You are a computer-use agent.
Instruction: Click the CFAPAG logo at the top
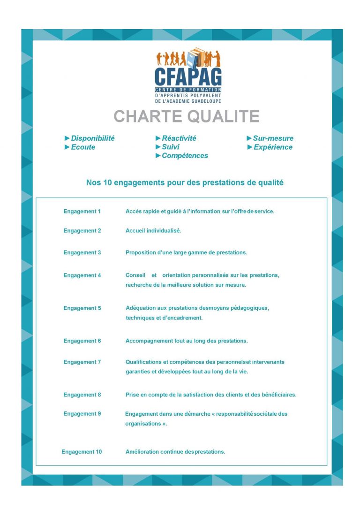click(188, 75)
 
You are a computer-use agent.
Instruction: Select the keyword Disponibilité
click(93, 138)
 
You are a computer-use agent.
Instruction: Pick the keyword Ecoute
click(83, 147)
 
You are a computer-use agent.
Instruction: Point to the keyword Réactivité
click(179, 138)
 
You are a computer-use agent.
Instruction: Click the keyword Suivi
click(171, 147)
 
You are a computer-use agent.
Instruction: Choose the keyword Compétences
click(185, 156)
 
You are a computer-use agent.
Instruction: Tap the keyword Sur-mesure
click(273, 138)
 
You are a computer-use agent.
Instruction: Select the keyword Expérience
click(273, 147)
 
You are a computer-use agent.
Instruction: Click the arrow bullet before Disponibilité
click(67, 138)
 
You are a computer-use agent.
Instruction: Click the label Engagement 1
click(82, 212)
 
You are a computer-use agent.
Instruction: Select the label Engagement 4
click(82, 275)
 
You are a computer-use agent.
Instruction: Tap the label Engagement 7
click(82, 362)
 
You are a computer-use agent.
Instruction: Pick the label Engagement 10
click(82, 452)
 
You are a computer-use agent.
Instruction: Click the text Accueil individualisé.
click(153, 231)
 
